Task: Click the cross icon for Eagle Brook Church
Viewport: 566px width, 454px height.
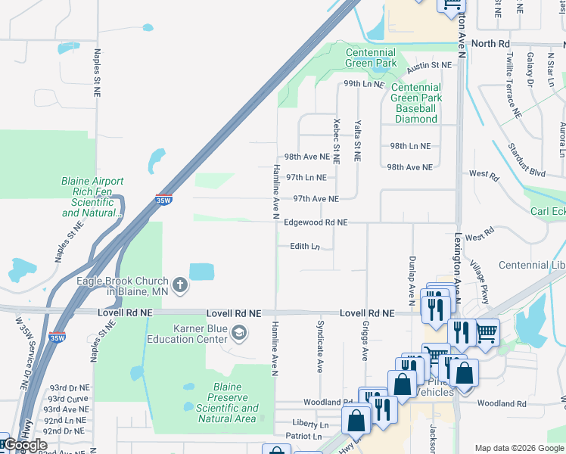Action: pos(180,285)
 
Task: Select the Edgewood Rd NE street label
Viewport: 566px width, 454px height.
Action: pos(316,222)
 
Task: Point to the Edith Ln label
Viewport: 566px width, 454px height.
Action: pos(305,247)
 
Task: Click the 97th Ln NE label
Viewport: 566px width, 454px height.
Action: pos(306,178)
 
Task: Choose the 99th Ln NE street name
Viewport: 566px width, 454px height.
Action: pos(364,84)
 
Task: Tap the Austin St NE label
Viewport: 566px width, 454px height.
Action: pos(429,67)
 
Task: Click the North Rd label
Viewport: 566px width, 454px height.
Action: pos(490,44)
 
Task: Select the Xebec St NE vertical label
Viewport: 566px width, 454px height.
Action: pos(337,141)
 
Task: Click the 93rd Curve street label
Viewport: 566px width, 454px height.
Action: pos(67,399)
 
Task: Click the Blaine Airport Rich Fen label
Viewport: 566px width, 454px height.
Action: pos(92,197)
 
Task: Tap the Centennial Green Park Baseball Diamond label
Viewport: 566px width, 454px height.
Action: pos(416,103)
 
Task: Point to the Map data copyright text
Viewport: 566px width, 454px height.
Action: pos(518,447)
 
